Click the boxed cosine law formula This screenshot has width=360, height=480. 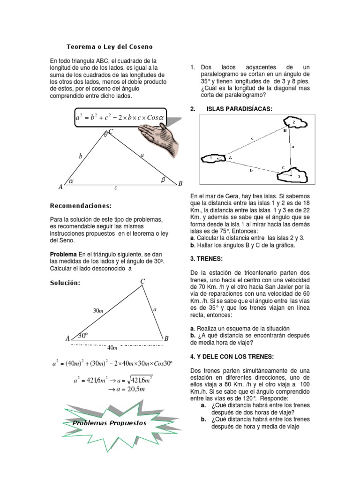(x=120, y=118)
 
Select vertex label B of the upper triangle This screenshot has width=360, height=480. (x=180, y=183)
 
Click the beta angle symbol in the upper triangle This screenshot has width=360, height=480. (x=164, y=179)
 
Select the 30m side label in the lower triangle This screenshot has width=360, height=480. (x=98, y=310)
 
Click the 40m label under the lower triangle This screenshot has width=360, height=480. (x=112, y=347)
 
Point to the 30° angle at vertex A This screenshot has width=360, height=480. (x=82, y=335)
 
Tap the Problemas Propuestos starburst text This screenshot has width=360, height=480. (x=109, y=423)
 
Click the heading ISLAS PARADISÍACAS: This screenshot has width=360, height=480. (x=239, y=109)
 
